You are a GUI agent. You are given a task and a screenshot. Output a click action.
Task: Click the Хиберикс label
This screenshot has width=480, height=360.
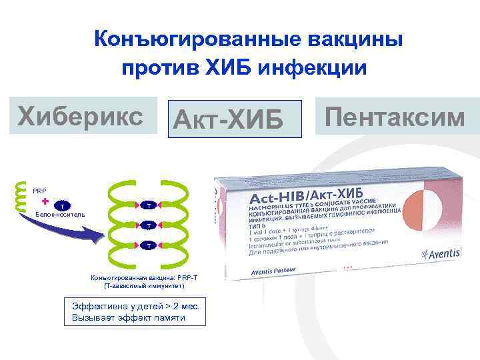coord(81,116)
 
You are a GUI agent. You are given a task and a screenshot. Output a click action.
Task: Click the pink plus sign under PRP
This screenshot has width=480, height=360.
coord(45,201)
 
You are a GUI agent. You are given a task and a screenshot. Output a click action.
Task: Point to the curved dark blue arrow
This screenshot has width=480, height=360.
coord(73,227)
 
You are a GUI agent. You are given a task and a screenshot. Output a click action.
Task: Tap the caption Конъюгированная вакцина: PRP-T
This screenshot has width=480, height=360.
coord(144,277)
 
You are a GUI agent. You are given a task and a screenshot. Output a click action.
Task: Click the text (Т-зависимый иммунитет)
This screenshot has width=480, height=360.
coord(144,285)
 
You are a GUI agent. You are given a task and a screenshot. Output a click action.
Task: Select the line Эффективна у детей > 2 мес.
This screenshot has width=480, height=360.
coord(138,307)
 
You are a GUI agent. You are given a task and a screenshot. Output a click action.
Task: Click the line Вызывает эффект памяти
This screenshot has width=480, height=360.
coord(129,318)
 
